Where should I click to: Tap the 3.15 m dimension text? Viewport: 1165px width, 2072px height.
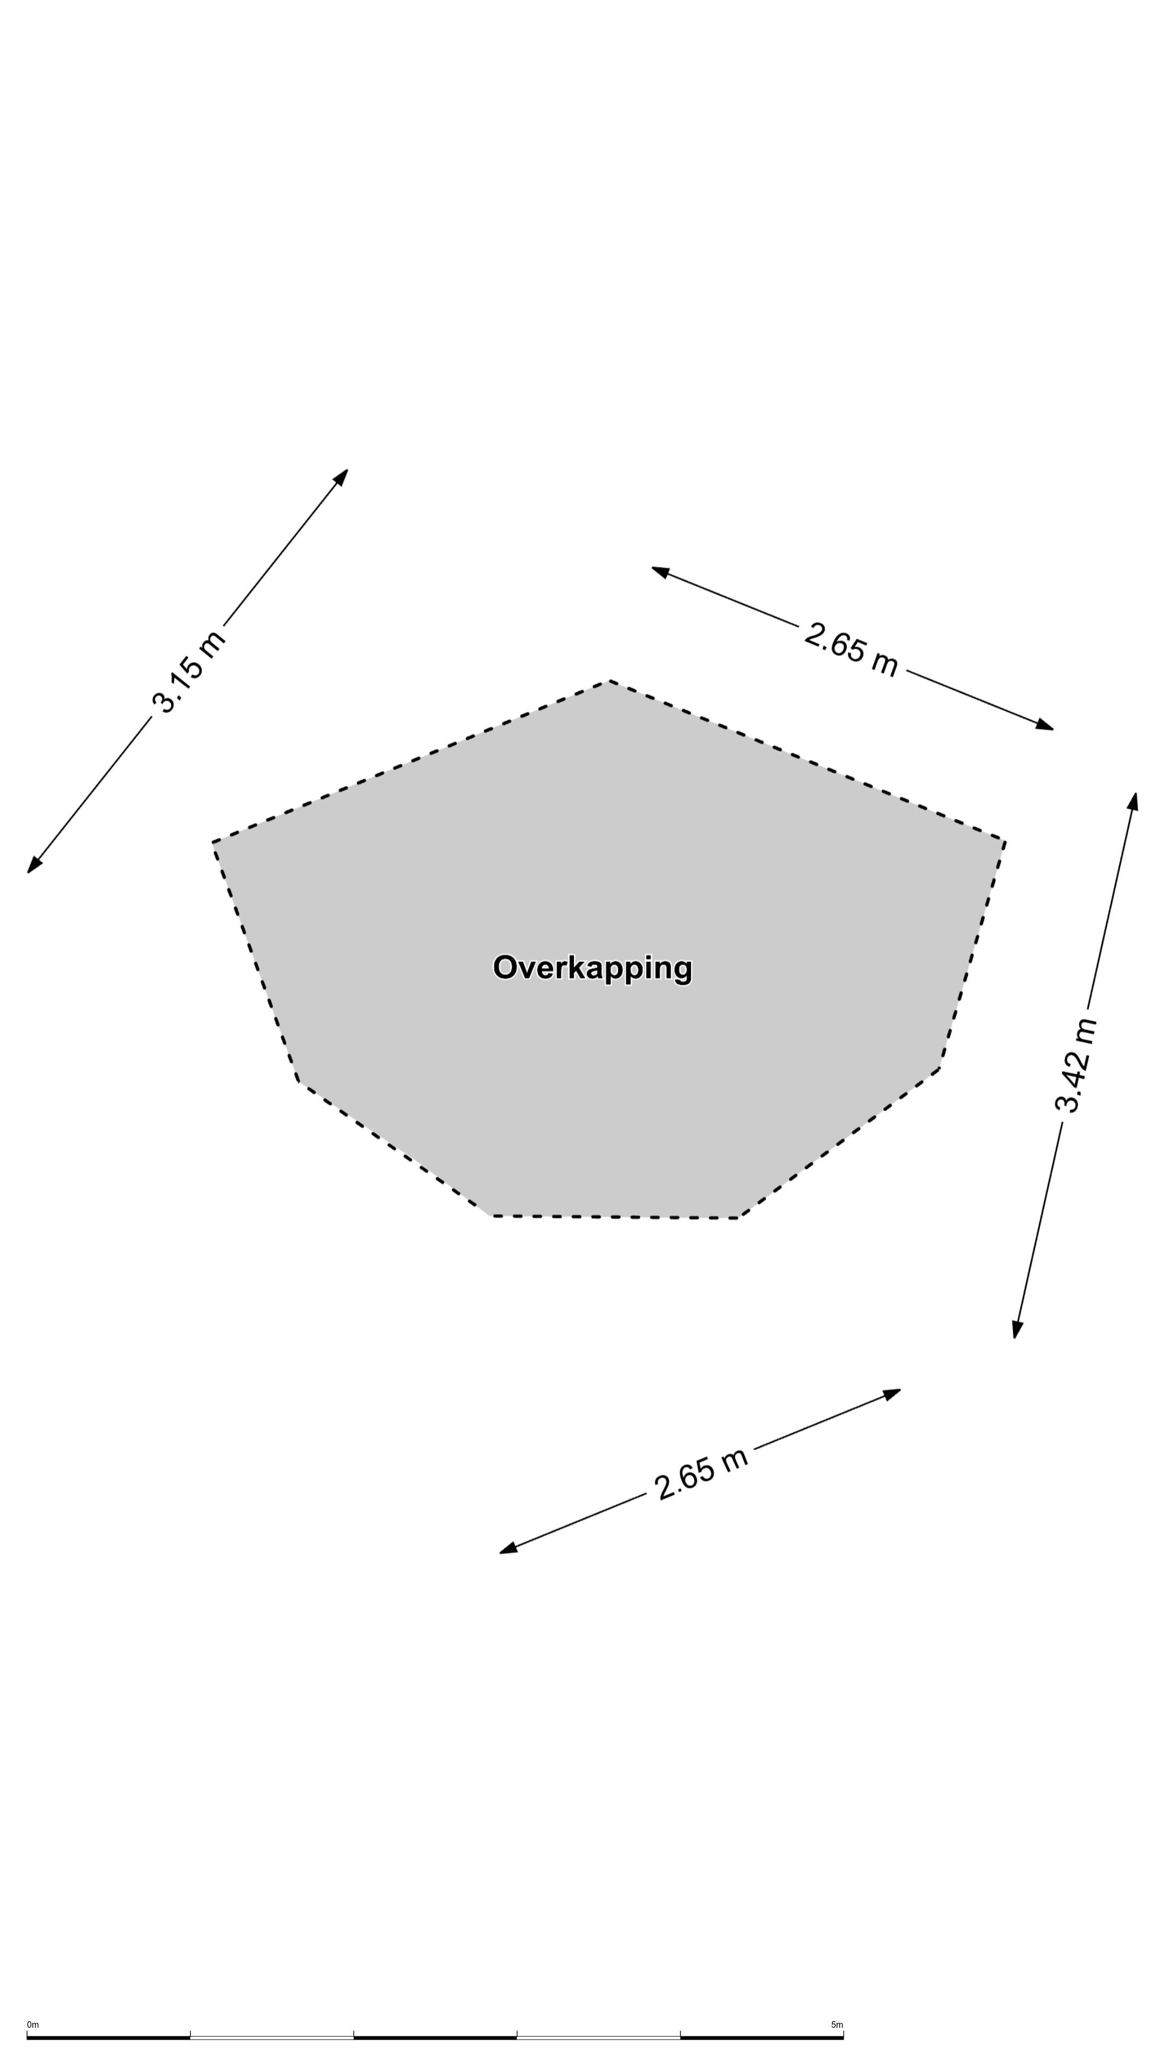coord(189,672)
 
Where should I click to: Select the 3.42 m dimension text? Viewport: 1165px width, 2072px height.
coord(1076,1065)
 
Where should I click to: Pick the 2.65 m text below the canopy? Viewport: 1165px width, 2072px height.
coord(701,1474)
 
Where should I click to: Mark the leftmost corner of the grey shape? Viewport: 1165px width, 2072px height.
coord(213,842)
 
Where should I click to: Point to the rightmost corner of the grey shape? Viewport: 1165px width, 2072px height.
coord(1005,841)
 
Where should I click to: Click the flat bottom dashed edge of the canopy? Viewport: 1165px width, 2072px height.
coord(616,1217)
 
